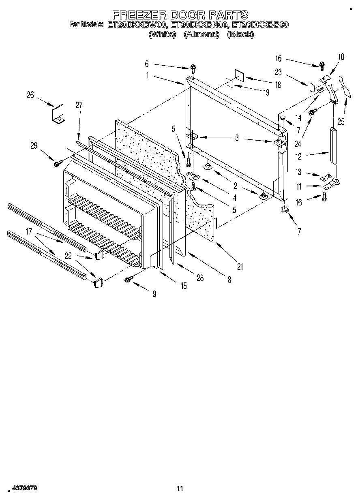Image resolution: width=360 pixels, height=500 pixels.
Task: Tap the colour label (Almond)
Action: (x=201, y=34)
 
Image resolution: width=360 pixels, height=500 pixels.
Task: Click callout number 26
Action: (x=30, y=95)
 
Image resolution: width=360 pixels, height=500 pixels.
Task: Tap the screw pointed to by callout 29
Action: (x=57, y=163)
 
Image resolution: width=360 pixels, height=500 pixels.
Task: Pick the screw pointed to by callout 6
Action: (x=193, y=69)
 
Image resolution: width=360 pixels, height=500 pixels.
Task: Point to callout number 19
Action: (x=266, y=92)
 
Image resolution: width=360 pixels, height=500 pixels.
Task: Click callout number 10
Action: (x=341, y=57)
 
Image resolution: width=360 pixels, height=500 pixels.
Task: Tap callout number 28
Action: (x=199, y=278)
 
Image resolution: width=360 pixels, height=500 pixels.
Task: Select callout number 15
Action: (x=184, y=286)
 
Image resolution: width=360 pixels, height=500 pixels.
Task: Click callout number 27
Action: (x=79, y=105)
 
